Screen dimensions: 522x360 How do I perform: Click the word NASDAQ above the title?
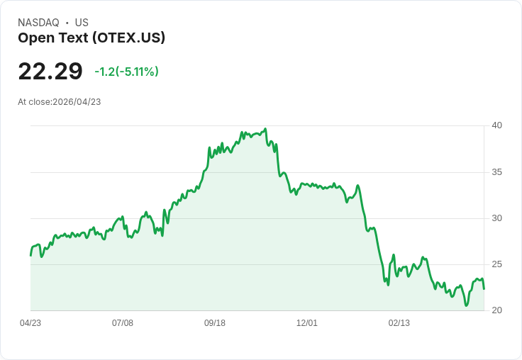[x=38, y=23]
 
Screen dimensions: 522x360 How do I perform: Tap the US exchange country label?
[x=82, y=23]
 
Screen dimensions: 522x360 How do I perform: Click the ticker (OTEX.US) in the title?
[x=128, y=38]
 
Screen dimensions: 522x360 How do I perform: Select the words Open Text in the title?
[x=53, y=38]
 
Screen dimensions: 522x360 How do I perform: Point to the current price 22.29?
[x=50, y=71]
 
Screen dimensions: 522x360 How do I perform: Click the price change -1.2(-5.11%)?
[x=126, y=72]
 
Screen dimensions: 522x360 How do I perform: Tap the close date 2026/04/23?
[x=77, y=102]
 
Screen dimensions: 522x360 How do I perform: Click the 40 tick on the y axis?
[x=496, y=125]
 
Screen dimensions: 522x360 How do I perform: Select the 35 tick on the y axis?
[x=496, y=172]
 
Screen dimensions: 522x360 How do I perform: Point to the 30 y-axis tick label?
[x=496, y=218]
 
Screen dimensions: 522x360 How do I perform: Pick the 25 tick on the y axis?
[x=496, y=264]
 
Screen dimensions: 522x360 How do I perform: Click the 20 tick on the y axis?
[x=496, y=310]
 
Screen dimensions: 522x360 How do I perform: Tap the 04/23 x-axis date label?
[x=30, y=323]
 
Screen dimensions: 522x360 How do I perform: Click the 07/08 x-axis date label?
[x=123, y=323]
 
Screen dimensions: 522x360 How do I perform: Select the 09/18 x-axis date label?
[x=215, y=323]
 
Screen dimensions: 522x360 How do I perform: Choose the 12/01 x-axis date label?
[x=307, y=323]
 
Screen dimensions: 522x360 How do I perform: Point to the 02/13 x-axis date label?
[x=399, y=323]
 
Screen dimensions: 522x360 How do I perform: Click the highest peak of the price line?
[x=265, y=129]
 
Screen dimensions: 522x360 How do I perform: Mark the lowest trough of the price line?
[x=467, y=305]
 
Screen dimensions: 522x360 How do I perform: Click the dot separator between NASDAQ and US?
[x=67, y=23]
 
